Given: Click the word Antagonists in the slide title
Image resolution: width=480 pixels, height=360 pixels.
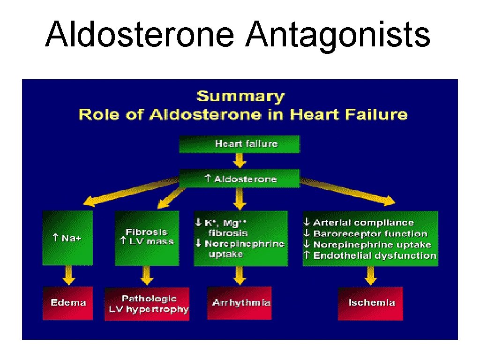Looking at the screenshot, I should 337,35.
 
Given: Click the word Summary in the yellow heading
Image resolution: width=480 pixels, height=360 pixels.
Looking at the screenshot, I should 240,97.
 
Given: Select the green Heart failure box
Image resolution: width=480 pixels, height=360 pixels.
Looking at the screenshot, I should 239,144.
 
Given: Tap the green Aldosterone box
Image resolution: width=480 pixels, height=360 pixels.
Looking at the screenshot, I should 239,179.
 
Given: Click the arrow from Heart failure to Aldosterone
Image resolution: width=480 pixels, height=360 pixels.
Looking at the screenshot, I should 240,161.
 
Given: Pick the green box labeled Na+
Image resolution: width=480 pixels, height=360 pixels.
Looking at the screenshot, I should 67,238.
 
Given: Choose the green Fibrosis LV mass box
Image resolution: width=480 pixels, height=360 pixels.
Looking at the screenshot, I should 147,238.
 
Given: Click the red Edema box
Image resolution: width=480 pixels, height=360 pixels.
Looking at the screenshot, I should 68,303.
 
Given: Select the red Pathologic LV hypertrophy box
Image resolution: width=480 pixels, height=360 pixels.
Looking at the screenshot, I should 147,304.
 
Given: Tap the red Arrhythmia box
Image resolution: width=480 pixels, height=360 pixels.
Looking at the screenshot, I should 240,303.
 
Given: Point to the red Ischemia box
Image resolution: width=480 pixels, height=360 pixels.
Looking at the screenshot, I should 370,303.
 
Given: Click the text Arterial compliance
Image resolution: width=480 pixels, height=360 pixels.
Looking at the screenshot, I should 363,223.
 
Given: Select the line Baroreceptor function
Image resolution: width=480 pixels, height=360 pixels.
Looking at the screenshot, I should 370,233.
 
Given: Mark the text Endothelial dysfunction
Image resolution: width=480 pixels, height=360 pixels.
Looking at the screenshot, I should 375,255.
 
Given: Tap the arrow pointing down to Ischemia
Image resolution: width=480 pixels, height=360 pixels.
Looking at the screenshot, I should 370,276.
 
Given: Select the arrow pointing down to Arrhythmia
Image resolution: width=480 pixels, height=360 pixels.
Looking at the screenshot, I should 240,276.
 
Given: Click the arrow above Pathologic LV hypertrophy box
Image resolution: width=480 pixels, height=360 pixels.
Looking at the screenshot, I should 147,276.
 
